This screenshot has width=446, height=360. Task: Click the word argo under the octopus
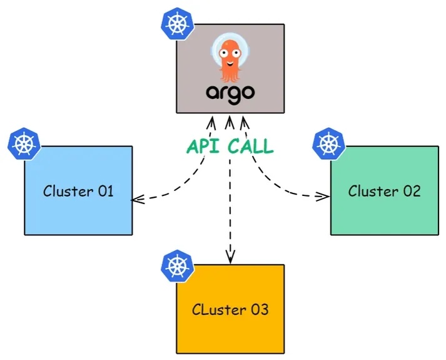[x=230, y=94]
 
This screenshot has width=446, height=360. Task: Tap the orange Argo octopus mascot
[x=230, y=59]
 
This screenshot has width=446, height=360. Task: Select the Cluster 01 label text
[x=78, y=191]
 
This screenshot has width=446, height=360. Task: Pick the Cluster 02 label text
[x=384, y=191]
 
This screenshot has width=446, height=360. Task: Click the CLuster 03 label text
[x=230, y=309]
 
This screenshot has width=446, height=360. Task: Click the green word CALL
[x=251, y=147]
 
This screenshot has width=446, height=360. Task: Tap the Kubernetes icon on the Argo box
[x=177, y=23]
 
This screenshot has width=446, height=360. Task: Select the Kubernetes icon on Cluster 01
[x=24, y=143]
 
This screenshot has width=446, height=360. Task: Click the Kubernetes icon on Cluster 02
[x=329, y=143]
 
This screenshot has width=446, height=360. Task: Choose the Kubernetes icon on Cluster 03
[x=177, y=266]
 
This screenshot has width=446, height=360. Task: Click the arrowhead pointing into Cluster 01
[x=138, y=199]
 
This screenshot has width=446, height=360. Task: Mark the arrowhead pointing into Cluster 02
[x=323, y=196]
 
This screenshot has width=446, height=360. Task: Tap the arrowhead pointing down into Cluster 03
[x=230, y=257]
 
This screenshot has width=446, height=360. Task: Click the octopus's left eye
[x=223, y=53]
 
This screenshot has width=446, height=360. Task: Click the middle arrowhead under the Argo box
[x=230, y=122]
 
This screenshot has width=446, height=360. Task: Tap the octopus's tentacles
[x=230, y=75]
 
